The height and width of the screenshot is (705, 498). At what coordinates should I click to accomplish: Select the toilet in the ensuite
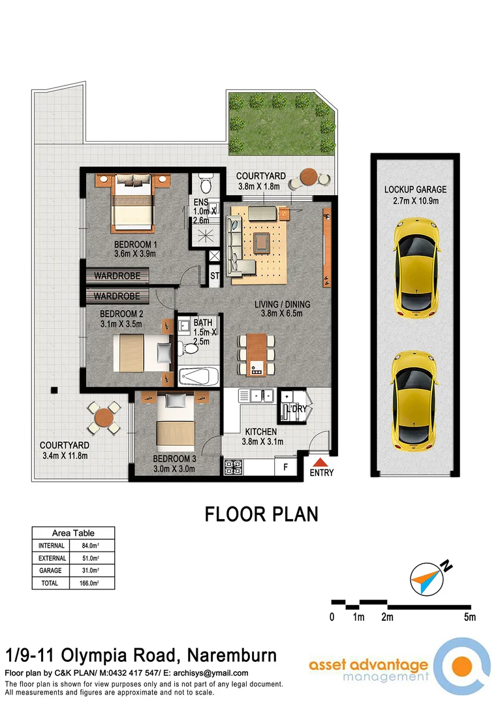(x=204, y=179)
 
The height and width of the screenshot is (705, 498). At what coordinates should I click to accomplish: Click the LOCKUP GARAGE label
(x=415, y=189)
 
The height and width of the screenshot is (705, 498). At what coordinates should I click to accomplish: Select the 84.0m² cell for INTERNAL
(x=91, y=546)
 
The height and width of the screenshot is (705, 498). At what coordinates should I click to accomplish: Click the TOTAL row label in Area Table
(x=50, y=583)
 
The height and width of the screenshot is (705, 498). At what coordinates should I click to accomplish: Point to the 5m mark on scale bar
(x=469, y=617)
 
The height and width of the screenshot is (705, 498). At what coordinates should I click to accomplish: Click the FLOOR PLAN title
(x=262, y=514)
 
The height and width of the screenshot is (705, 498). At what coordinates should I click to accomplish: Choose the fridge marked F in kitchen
(x=285, y=467)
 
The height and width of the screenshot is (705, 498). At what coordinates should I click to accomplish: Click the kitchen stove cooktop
(x=233, y=467)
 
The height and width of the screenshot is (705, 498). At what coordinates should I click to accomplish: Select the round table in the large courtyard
(x=103, y=418)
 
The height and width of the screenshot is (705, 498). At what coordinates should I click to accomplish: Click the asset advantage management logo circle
(x=462, y=666)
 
